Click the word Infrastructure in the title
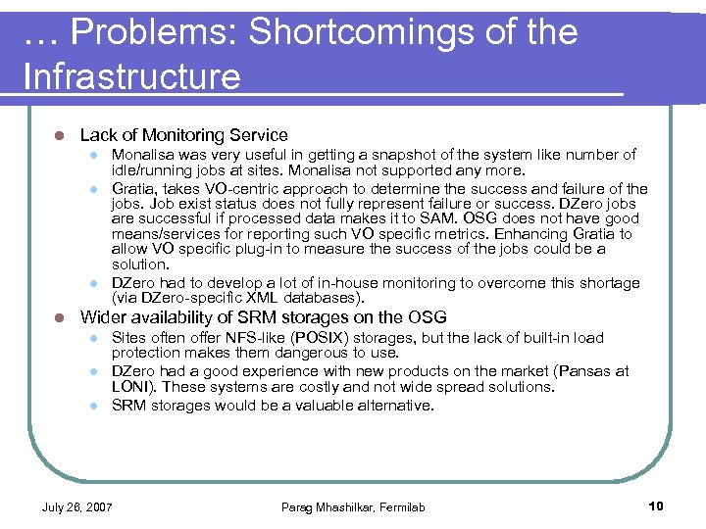(131, 76)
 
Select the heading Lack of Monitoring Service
(183, 135)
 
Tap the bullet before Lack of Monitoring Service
(59, 135)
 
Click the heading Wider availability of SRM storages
(263, 317)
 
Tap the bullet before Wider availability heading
(59, 317)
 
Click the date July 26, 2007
(76, 506)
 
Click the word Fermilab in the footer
(402, 506)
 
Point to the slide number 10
(656, 505)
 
